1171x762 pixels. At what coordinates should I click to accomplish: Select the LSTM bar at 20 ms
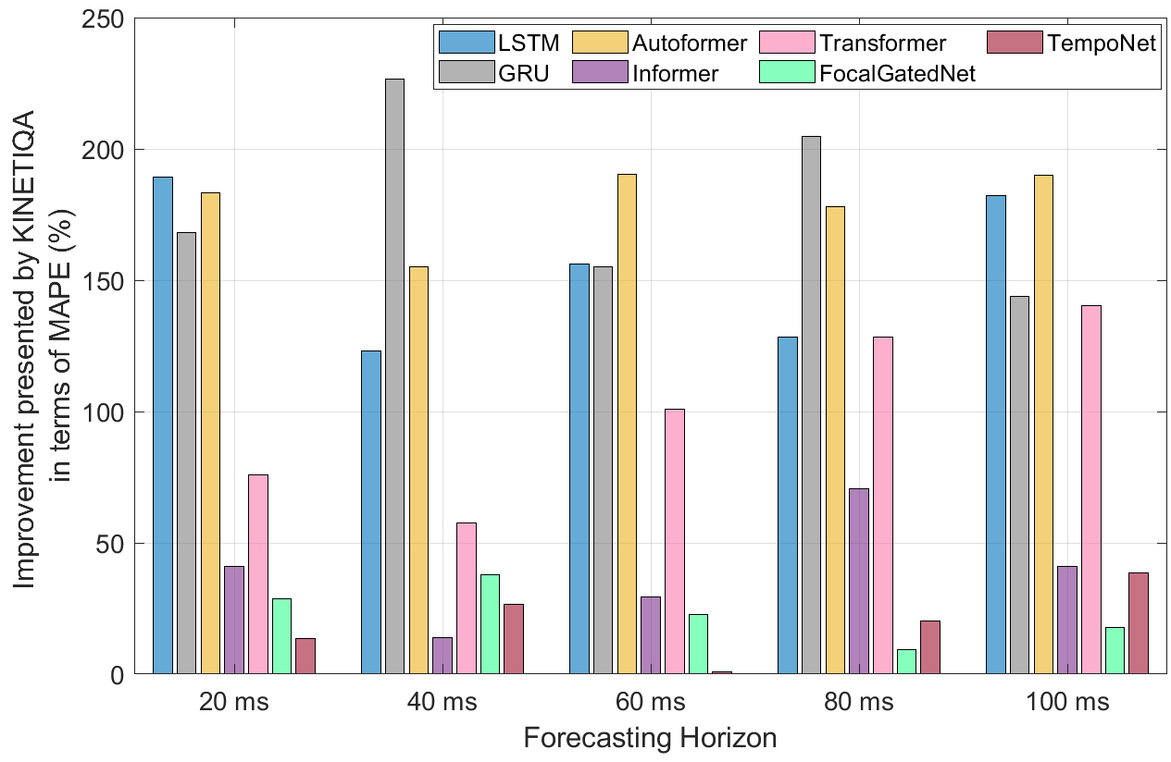coord(163,424)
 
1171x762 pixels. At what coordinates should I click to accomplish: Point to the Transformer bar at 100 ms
coord(1091,489)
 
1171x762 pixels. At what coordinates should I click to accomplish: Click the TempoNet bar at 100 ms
coord(1138,623)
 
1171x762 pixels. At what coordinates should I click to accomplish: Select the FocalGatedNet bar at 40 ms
coord(490,624)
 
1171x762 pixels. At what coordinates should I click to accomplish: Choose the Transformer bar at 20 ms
coord(257,574)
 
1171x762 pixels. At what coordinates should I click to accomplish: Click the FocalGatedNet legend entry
coord(897,74)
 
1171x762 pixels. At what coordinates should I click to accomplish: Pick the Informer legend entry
coord(673,74)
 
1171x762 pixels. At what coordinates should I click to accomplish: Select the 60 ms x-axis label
coord(650,703)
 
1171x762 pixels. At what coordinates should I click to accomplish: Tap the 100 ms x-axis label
coord(1066,703)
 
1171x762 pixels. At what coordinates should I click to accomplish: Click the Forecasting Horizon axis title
coord(650,738)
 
